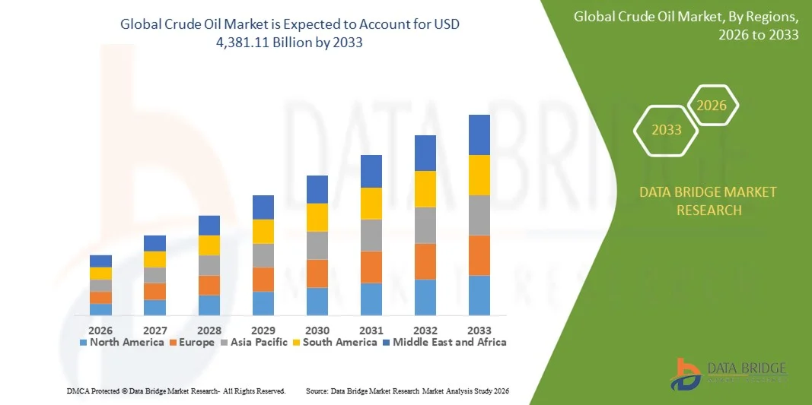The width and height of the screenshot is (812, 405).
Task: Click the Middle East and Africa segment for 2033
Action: [479, 134]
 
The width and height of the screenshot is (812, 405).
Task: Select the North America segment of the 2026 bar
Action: [100, 309]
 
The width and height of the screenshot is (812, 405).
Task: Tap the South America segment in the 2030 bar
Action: [317, 217]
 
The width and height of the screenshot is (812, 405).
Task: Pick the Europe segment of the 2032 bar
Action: [425, 261]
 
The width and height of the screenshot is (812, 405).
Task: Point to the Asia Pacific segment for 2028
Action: [209, 265]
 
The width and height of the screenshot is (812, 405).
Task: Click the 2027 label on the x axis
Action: [154, 330]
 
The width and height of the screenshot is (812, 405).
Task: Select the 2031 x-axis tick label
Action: [371, 330]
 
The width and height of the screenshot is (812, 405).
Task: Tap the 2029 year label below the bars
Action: [263, 330]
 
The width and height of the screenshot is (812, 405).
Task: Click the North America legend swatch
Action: [84, 343]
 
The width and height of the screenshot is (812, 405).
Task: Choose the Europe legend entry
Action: [193, 342]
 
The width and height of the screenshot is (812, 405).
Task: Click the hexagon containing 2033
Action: [667, 130]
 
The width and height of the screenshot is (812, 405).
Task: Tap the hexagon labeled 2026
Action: [712, 106]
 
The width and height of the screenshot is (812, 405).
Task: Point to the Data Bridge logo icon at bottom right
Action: [686, 373]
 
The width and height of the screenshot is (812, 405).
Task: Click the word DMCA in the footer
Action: [78, 391]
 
